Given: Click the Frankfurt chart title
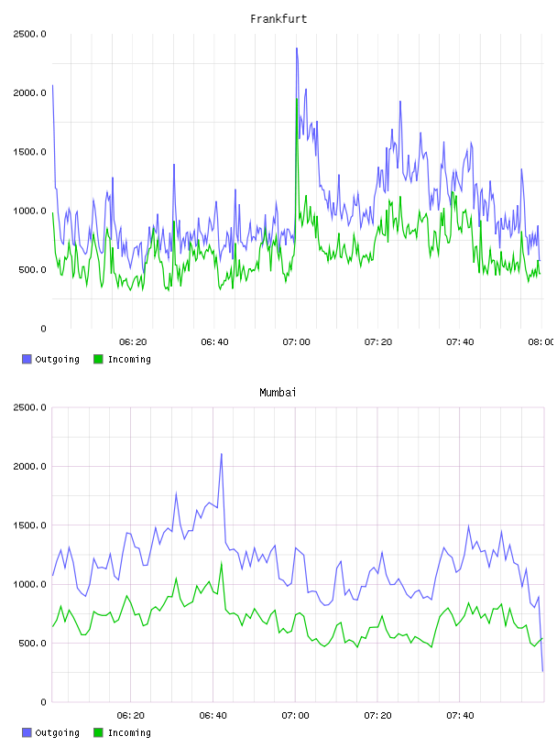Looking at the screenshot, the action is [278, 19].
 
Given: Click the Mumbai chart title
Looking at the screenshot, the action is [278, 393].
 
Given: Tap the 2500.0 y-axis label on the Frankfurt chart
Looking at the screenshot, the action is [29, 34].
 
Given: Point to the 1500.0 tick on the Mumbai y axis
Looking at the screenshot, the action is [29, 525].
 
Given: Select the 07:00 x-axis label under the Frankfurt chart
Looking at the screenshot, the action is [296, 341].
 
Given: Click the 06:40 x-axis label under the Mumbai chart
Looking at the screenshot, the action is [213, 715].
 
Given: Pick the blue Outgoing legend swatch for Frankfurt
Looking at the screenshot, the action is [27, 359].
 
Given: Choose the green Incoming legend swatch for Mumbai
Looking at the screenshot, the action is [98, 732].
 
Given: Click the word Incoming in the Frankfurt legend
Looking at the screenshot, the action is [129, 359].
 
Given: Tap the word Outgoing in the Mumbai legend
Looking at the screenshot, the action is [57, 732].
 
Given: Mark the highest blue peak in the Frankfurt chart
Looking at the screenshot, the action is [297, 49].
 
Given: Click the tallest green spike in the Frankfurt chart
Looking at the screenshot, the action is [297, 99].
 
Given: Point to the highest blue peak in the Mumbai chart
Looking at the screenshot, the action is [222, 453].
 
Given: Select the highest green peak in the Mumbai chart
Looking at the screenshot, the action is [222, 563].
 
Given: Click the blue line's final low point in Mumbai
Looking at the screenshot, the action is [542, 671].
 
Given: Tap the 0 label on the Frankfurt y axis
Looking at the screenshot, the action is [43, 329].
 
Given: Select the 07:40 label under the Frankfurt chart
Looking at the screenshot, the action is [460, 341].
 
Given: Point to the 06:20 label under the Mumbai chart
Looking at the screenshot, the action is [131, 715].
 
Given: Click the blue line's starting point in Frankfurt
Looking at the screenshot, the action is [52, 86].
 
